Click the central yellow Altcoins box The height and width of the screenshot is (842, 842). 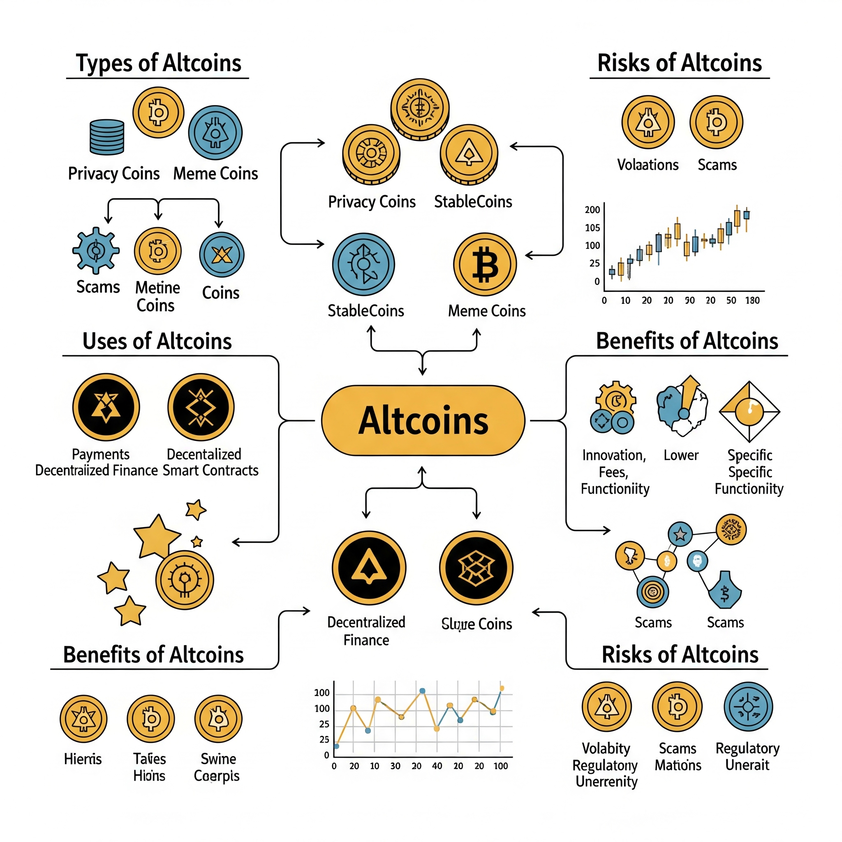click(423, 421)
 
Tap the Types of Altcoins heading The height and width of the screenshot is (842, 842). click(158, 63)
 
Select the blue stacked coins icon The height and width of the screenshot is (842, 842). click(107, 137)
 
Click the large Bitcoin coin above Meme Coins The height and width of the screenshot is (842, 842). click(485, 264)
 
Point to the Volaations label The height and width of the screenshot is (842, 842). click(648, 165)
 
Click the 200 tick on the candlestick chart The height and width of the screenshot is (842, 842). click(592, 210)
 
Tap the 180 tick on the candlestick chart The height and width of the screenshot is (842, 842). click(752, 300)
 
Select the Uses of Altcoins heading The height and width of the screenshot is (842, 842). click(157, 341)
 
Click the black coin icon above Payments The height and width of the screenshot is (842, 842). click(106, 407)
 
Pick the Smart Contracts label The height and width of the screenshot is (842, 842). click(210, 470)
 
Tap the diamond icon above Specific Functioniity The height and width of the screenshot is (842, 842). click(749, 411)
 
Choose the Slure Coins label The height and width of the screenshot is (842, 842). click(477, 624)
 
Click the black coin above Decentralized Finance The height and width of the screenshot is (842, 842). click(369, 567)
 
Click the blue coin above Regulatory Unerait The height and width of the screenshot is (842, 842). click(748, 706)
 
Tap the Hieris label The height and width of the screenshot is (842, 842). click(83, 759)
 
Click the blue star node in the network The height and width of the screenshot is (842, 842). click(680, 534)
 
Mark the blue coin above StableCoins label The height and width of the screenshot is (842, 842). click(363, 264)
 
